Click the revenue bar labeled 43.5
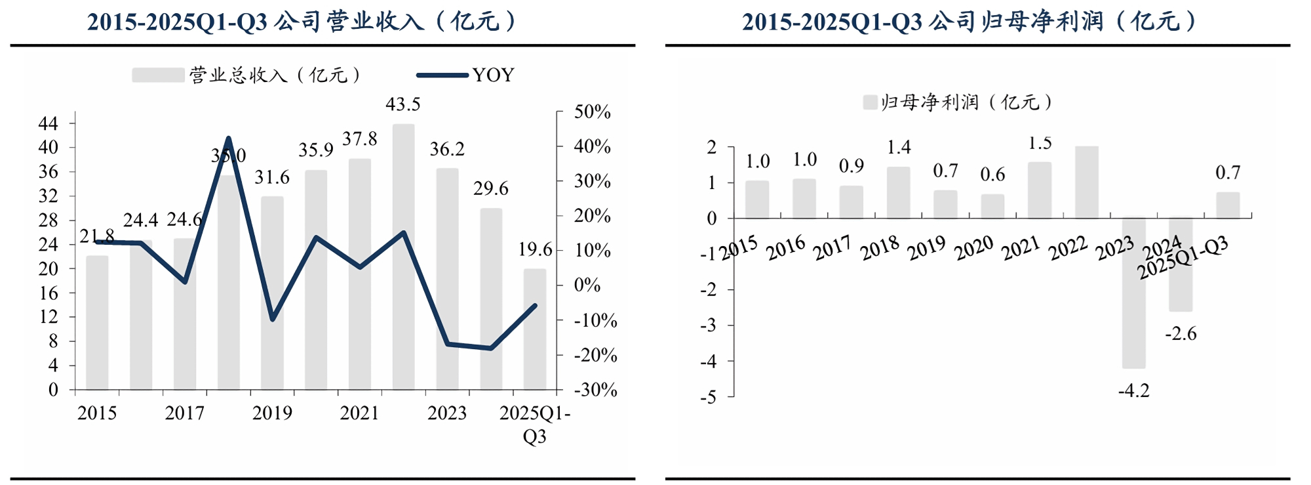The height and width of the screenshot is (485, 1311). [x=403, y=256]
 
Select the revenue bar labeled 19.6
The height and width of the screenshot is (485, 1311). [x=534, y=328]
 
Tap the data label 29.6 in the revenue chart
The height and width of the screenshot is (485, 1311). [x=490, y=189]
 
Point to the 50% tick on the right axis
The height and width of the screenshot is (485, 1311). [x=592, y=112]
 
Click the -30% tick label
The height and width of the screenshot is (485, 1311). [x=595, y=390]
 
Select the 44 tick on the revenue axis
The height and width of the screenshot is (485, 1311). [x=49, y=123]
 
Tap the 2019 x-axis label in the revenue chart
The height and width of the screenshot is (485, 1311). [x=272, y=413]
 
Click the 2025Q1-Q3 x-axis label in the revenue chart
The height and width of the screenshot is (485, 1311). [x=535, y=424]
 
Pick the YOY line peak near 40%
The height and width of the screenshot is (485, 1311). [x=228, y=138]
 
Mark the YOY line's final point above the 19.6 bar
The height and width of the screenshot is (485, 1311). [x=535, y=305]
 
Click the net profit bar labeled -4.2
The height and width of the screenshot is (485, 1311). [x=1133, y=293]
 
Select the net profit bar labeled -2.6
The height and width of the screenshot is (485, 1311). [x=1180, y=264]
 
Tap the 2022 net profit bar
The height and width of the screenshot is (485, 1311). [x=1086, y=182]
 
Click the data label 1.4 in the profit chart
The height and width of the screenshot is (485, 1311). [x=899, y=148]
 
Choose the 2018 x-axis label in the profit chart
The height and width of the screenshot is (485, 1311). [x=880, y=248]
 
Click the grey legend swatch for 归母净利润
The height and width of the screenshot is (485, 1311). [x=870, y=102]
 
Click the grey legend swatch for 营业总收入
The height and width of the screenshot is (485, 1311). [x=157, y=75]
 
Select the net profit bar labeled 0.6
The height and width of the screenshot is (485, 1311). [x=992, y=206]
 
